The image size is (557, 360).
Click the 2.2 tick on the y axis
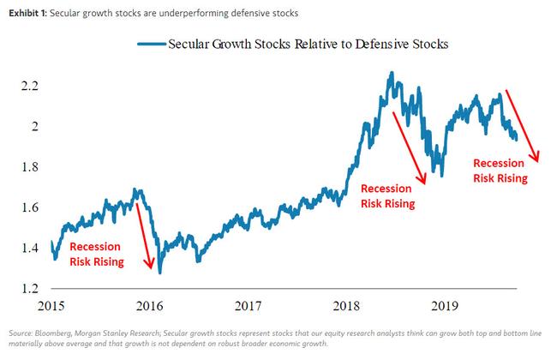coord(31,87)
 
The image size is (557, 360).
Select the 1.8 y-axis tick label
coord(31,167)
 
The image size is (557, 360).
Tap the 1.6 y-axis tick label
coord(31,208)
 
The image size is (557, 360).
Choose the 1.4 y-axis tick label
coord(31,249)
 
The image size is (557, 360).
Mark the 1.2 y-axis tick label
coord(31,289)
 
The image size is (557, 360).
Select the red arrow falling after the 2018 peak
coord(408,145)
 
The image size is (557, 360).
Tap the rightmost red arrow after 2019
coord(520,125)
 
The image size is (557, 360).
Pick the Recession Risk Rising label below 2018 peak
coord(387,196)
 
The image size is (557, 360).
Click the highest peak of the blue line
coord(391,73)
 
